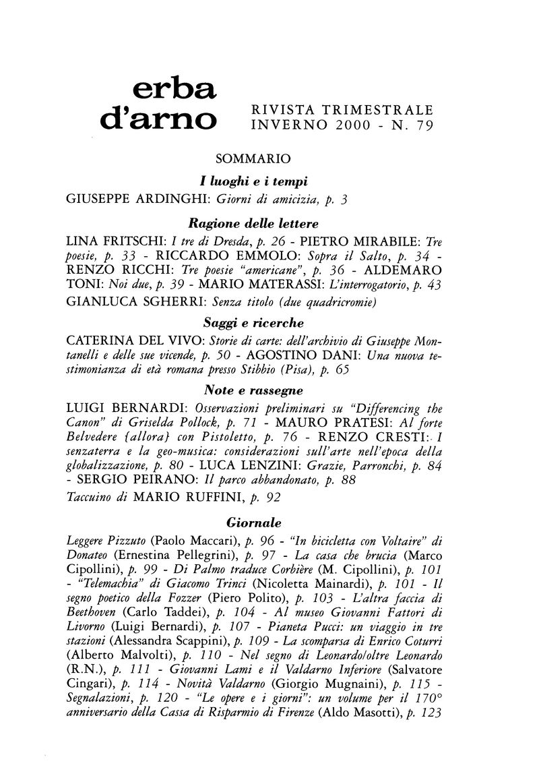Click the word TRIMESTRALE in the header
[376, 108]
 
